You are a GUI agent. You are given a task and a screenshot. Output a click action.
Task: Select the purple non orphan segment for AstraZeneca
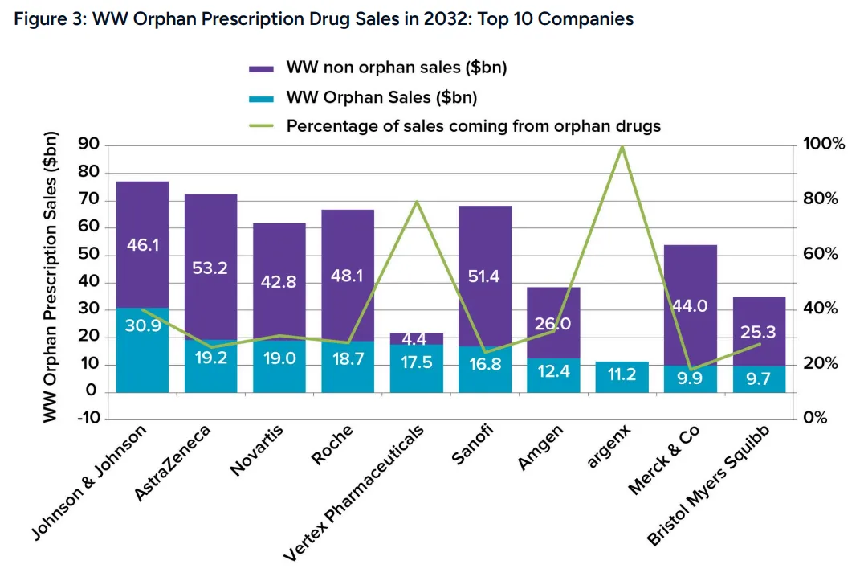pyautogui.click(x=210, y=241)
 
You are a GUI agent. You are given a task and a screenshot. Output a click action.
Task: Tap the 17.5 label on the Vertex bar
pyautogui.click(x=416, y=362)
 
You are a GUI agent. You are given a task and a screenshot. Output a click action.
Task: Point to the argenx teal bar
pyautogui.click(x=622, y=377)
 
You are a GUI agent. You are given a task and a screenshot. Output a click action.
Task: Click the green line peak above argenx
pyautogui.click(x=622, y=146)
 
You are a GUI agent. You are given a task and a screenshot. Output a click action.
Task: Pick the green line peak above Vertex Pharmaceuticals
pyautogui.click(x=416, y=201)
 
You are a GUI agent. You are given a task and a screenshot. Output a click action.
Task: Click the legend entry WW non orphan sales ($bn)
pyautogui.click(x=396, y=68)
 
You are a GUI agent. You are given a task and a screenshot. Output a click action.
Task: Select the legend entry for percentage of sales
pyautogui.click(x=474, y=126)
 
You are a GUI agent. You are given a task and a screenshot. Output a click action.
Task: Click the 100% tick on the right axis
pyautogui.click(x=824, y=145)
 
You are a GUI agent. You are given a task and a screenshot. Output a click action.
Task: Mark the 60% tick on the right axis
pyautogui.click(x=821, y=255)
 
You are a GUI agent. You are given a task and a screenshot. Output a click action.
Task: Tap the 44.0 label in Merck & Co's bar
pyautogui.click(x=690, y=306)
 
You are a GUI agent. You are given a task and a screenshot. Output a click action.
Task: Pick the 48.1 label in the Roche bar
pyautogui.click(x=348, y=276)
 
